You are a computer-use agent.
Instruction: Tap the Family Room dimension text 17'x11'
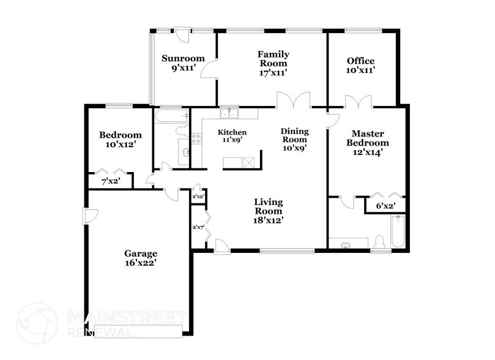pos(273,72)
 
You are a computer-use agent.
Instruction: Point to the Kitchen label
pos(233,132)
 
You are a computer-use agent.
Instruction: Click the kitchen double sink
pos(229,113)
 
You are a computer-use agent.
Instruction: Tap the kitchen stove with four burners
pos(196,139)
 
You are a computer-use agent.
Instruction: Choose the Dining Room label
pos(294,131)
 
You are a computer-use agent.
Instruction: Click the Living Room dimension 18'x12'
pos(269,220)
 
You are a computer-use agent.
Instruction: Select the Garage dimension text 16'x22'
pos(141,264)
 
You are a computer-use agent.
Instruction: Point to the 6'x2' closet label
pos(384,206)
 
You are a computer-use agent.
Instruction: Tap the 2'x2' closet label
pos(198,197)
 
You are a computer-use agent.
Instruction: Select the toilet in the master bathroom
pos(379,241)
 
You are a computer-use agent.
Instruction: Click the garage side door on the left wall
pos(89,216)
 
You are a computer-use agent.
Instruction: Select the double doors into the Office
pos(359,102)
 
